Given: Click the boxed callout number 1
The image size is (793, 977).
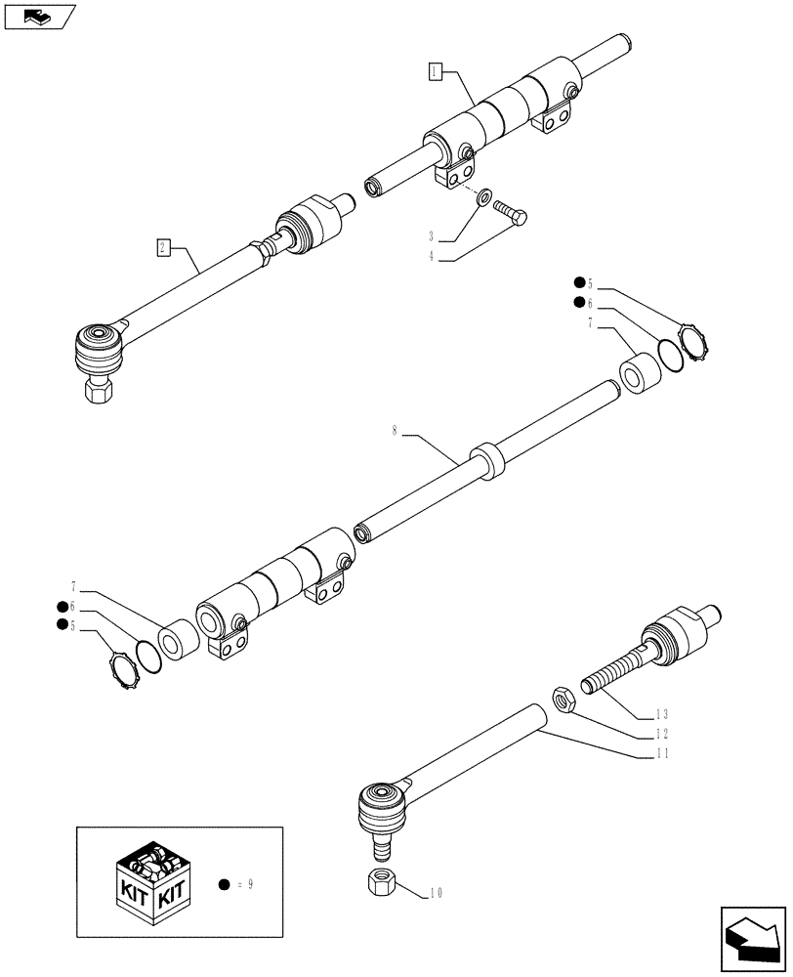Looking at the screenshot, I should pos(436,70).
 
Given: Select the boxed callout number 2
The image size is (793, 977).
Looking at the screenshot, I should pos(162,246).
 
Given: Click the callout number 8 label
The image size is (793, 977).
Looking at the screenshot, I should pos(395,431).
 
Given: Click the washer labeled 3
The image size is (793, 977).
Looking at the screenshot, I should pos(483,200).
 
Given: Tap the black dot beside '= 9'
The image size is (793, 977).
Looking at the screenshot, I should pos(224,884).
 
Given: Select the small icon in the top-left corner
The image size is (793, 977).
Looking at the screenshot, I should pos(38,16).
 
